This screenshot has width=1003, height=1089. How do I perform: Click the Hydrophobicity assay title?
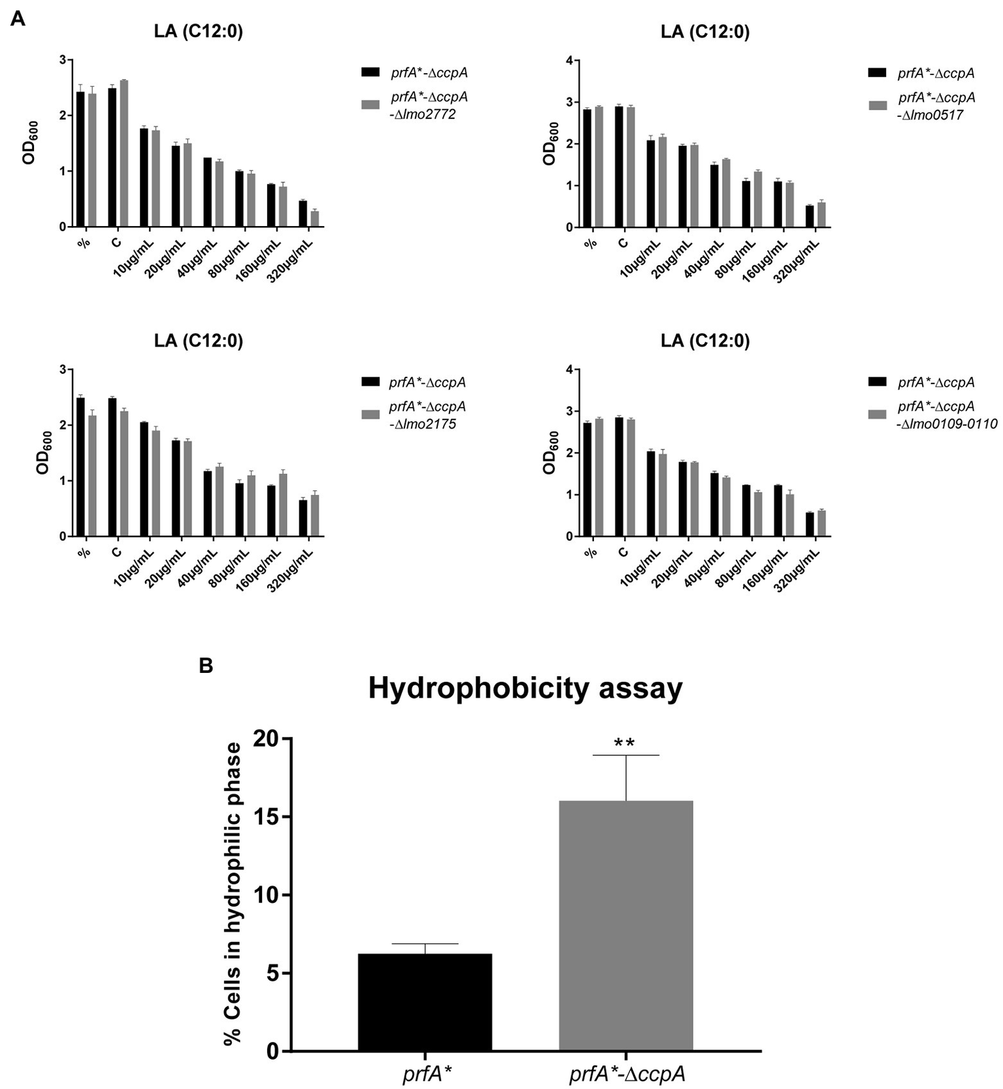[525, 689]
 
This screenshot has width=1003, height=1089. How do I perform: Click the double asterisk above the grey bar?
[625, 743]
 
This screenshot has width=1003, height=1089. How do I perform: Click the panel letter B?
[206, 666]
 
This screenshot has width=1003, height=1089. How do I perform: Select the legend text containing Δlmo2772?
[429, 106]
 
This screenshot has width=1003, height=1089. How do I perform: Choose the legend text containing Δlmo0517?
[936, 106]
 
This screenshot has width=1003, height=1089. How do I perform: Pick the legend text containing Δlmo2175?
[427, 415]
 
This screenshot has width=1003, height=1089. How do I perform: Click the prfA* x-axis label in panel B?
[425, 1074]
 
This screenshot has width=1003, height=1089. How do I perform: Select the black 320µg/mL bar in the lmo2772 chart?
[303, 214]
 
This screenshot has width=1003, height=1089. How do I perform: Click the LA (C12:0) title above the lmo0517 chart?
[705, 32]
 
